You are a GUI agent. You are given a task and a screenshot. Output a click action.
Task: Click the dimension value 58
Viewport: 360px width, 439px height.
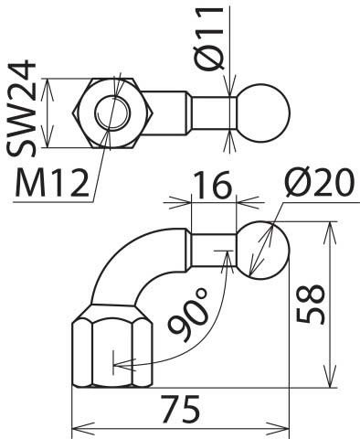pos(312,304)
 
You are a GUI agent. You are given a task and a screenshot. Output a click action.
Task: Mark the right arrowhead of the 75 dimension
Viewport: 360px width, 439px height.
pos(281,426)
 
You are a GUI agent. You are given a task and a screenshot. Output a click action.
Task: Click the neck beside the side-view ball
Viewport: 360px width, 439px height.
pos(214,249)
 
